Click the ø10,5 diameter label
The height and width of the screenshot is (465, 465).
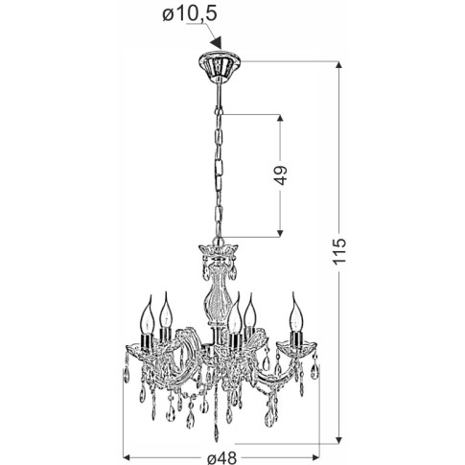pos(190,13)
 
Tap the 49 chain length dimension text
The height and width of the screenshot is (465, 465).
pos(281,175)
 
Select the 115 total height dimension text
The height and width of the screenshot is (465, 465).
pos(339,251)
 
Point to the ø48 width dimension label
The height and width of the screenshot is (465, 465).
pos(221,457)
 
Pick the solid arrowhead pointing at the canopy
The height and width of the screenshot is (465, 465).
pos(216,43)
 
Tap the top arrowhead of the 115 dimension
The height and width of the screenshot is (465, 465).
pos(339,65)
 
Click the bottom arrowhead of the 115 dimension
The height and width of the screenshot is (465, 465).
pos(339,440)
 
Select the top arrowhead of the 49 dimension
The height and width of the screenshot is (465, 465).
pos(280,118)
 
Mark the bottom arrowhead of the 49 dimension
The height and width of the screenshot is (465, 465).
pos(280,233)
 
